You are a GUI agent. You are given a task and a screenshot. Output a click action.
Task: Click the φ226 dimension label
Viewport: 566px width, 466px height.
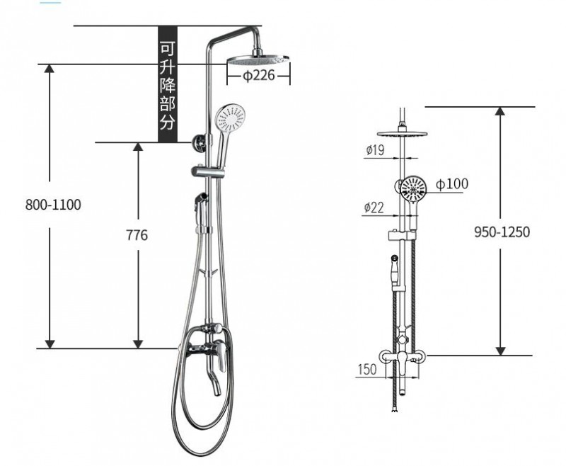(258, 76)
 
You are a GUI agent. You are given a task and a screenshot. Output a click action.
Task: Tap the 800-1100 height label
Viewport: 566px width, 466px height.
(53, 205)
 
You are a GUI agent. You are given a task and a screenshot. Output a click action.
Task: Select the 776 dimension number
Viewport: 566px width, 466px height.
(137, 235)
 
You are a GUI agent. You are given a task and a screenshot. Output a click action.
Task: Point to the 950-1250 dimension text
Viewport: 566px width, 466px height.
(502, 232)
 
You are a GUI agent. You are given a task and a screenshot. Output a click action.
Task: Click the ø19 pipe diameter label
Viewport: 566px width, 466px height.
(375, 149)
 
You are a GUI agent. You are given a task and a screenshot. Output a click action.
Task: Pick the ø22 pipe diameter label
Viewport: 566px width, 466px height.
(374, 208)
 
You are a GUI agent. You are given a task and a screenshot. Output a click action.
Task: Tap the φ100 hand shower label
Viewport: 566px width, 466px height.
(452, 184)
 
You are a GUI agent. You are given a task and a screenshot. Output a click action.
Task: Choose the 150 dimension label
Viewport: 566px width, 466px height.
(367, 369)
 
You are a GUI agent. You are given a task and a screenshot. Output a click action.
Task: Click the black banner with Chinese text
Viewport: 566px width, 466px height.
(168, 84)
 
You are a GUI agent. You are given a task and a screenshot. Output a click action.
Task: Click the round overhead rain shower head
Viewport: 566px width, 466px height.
(258, 59)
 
